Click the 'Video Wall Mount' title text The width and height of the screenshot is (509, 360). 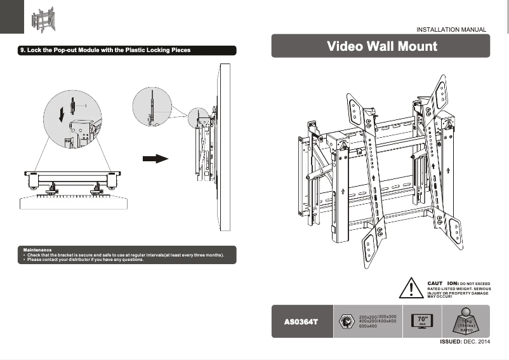[381, 46]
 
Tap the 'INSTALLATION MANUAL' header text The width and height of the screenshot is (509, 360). [451, 30]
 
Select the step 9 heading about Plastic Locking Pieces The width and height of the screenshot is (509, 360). [105, 50]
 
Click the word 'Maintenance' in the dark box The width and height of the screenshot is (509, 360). [37, 250]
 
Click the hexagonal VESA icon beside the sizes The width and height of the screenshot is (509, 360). [346, 321]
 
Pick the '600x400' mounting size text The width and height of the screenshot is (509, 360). [368, 326]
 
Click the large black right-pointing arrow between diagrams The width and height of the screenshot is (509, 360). [154, 158]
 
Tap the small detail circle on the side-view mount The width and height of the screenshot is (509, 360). [197, 117]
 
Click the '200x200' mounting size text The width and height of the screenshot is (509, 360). [367, 316]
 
